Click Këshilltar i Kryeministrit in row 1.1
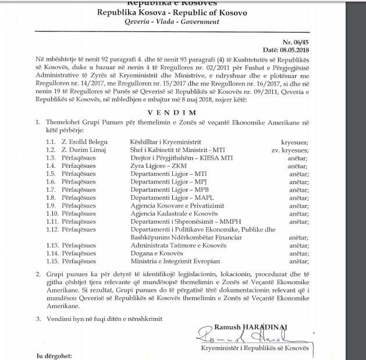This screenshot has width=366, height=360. [x=166, y=142]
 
